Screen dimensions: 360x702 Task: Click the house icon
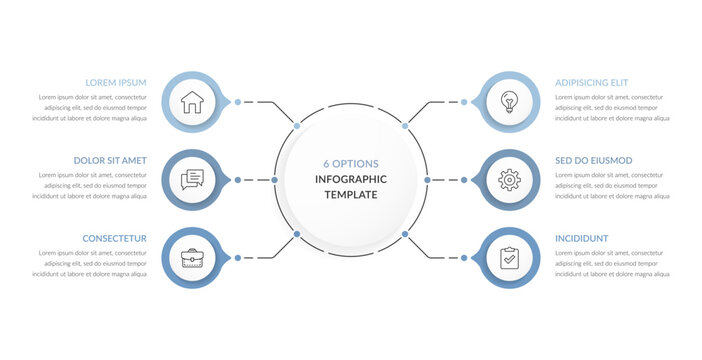point(192,101)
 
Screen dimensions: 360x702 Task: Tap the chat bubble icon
point(192,180)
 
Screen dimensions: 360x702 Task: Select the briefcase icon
point(192,258)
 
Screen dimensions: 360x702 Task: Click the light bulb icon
point(510,101)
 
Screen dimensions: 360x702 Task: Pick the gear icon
point(510,180)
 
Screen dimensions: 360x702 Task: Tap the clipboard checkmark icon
point(510,258)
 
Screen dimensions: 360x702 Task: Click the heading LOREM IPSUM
point(116,82)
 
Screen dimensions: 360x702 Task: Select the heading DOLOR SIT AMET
point(110,160)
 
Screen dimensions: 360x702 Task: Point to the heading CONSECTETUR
point(116,238)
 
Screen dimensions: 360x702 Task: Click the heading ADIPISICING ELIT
point(592,82)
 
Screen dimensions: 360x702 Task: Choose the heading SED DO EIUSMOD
point(594,160)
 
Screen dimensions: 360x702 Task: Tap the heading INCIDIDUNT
point(582,238)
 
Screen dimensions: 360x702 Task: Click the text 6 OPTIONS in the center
point(350,163)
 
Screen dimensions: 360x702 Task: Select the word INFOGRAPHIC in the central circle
point(350,179)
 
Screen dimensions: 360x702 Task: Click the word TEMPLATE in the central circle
point(350,195)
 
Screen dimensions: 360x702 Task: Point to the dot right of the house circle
point(237,101)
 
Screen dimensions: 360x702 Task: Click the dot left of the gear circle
point(465,180)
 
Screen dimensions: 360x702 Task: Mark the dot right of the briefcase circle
point(237,258)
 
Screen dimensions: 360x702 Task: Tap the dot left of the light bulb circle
point(465,101)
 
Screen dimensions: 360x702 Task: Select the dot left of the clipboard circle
point(465,258)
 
